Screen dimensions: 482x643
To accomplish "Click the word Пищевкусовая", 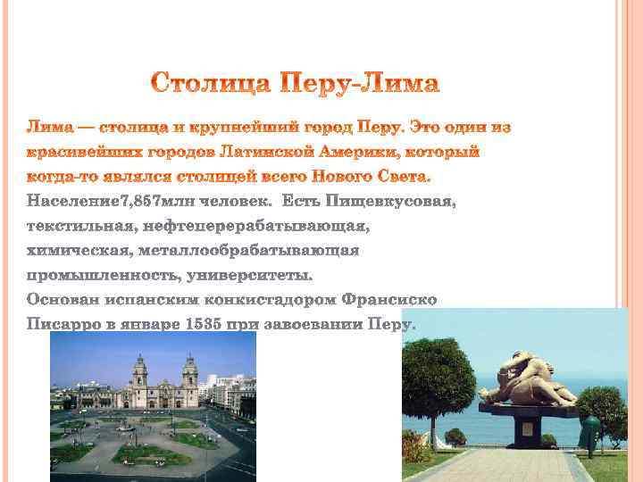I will coord(391,202).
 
